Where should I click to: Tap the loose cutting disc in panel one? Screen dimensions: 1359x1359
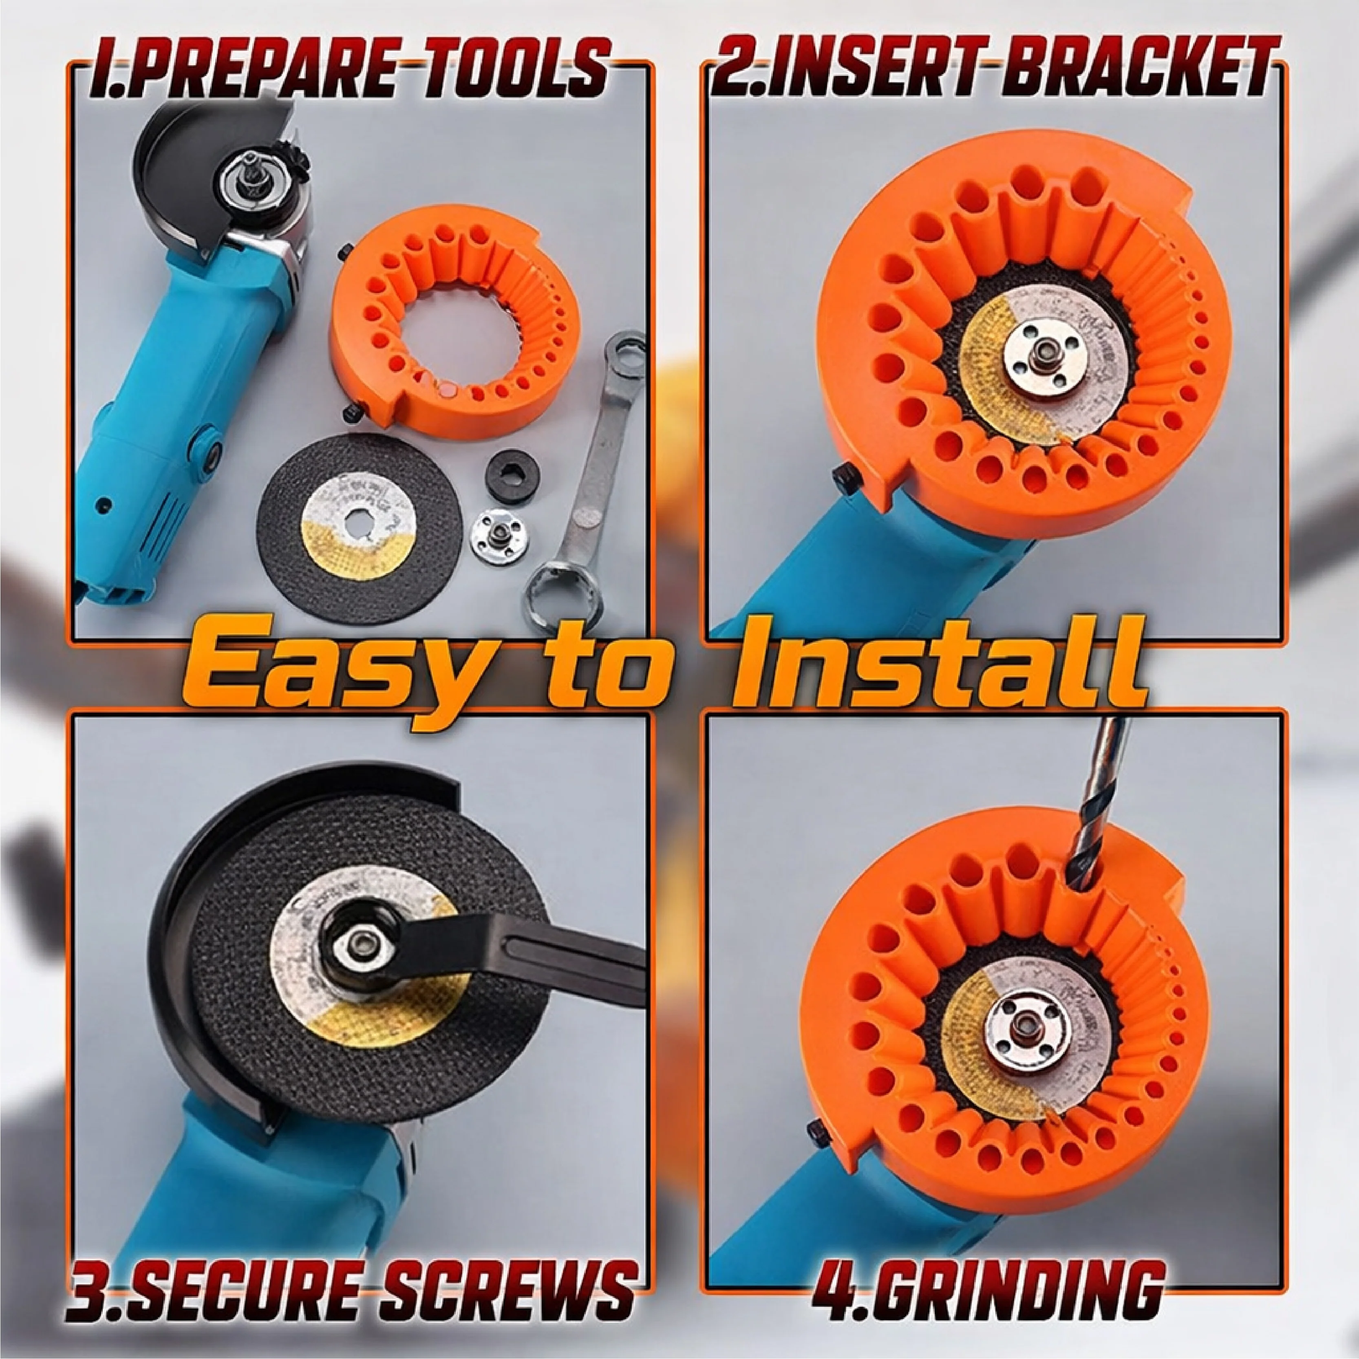(x=361, y=529)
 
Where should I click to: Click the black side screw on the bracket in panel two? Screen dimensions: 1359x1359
(x=846, y=480)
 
